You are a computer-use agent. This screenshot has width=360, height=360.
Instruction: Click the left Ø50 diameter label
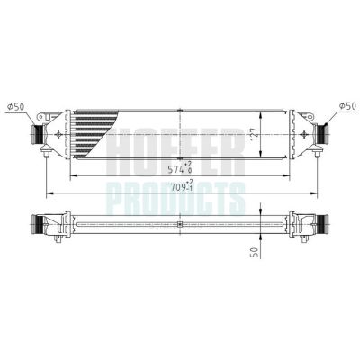click(x=15, y=106)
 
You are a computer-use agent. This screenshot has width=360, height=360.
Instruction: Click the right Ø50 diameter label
click(x=344, y=106)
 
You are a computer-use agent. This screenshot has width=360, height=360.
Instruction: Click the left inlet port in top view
click(x=39, y=135)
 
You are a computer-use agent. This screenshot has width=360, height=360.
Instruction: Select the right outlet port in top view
click(x=320, y=135)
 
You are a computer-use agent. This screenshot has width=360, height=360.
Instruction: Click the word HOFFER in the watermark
click(x=180, y=144)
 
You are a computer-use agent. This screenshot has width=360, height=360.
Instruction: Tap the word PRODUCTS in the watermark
click(x=180, y=194)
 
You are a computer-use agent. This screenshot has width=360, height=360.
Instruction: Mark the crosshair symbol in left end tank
click(x=59, y=135)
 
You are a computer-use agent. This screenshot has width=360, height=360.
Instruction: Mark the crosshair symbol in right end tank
click(x=300, y=135)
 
